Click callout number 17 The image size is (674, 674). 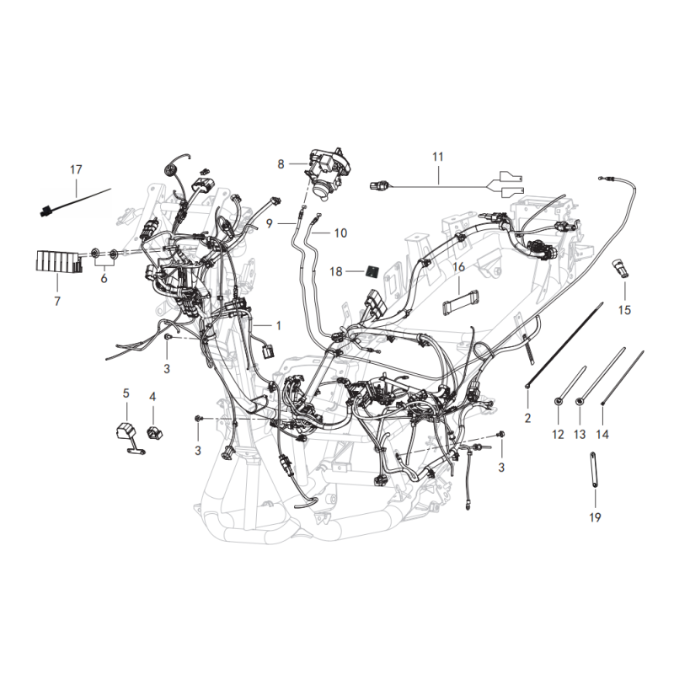coord(76,170)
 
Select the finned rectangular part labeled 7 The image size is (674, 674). coord(58,261)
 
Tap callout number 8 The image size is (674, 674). coord(281,164)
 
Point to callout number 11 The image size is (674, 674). coord(437,157)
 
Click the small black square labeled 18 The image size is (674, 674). coord(372,271)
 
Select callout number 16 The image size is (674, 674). coord(458,267)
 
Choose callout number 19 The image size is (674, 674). coord(595,517)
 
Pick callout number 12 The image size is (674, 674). coord(558,435)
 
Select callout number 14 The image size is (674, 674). coord(602,435)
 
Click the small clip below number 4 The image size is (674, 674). coord(154,433)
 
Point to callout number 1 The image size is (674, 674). coord(279,326)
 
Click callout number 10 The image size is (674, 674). coord(340,233)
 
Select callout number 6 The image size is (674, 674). coord(104,279)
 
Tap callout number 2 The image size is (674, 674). coord(528,418)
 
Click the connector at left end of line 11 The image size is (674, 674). coord(381,185)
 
